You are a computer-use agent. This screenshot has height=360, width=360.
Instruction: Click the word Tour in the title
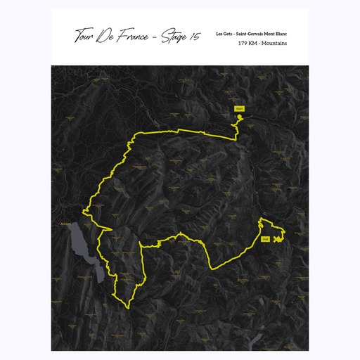tap(85, 36)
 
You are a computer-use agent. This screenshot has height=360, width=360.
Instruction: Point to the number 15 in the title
tap(194, 37)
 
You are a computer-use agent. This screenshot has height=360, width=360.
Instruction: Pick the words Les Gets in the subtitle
tap(225, 34)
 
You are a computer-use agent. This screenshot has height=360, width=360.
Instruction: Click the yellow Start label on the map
tap(239, 109)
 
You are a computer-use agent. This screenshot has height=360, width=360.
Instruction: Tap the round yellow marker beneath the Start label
tap(239, 117)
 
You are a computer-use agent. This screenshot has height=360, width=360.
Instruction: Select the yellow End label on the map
tap(265, 240)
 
